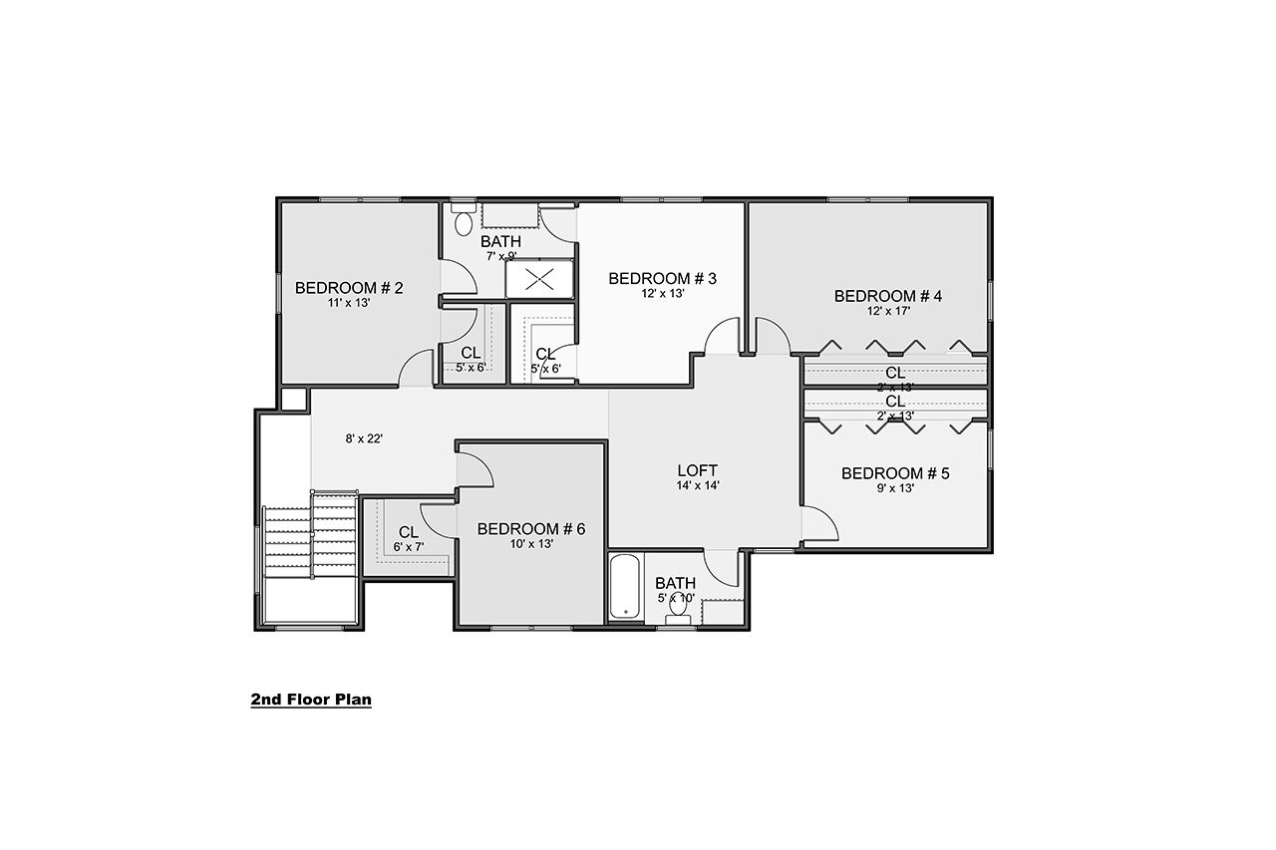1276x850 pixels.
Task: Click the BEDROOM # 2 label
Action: click(349, 288)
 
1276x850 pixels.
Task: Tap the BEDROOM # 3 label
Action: click(663, 278)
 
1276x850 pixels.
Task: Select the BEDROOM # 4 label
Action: click(888, 296)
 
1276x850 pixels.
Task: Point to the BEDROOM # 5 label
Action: click(895, 473)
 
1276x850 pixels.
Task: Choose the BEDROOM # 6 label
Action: click(530, 528)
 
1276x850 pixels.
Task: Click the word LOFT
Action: click(698, 470)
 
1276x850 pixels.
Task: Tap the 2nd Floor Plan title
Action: click(311, 700)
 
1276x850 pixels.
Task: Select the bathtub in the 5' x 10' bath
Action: click(626, 588)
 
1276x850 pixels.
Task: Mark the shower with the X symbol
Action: click(539, 279)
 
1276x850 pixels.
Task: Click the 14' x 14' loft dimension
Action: click(698, 486)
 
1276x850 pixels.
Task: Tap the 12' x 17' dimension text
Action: click(888, 311)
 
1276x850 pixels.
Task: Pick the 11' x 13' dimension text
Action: click(349, 303)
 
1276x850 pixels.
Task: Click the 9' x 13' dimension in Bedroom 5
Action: click(895, 488)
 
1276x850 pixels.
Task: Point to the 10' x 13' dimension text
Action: click(530, 544)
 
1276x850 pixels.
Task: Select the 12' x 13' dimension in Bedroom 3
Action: click(663, 293)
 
